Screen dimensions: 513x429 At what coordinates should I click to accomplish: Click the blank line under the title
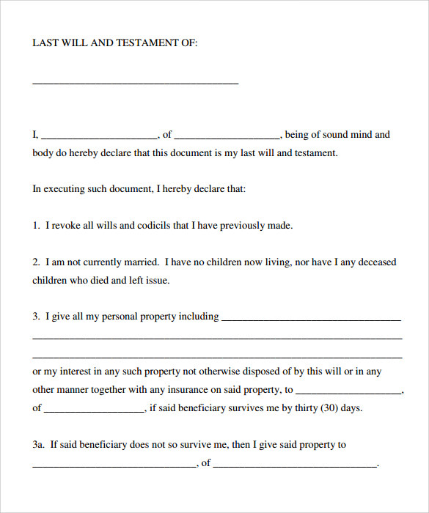coord(136,82)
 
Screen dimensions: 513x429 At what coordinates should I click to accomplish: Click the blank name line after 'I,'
coord(100,137)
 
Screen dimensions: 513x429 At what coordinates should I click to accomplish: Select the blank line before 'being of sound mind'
coord(227,137)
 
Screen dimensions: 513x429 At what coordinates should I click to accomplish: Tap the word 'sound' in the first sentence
coord(329,135)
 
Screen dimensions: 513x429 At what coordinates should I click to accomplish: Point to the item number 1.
coord(35,226)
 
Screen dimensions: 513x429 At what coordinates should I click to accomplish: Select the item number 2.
coord(35,262)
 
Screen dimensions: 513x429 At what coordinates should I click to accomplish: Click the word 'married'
coord(141,262)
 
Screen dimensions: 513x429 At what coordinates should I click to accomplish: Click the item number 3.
coord(35,317)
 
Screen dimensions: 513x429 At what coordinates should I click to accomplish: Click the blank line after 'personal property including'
coord(311,319)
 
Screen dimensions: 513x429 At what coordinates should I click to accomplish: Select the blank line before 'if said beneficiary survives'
coord(95,410)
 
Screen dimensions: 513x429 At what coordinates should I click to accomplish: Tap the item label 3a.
coord(39,444)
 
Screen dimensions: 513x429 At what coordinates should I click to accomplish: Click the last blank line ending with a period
coord(295,465)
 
